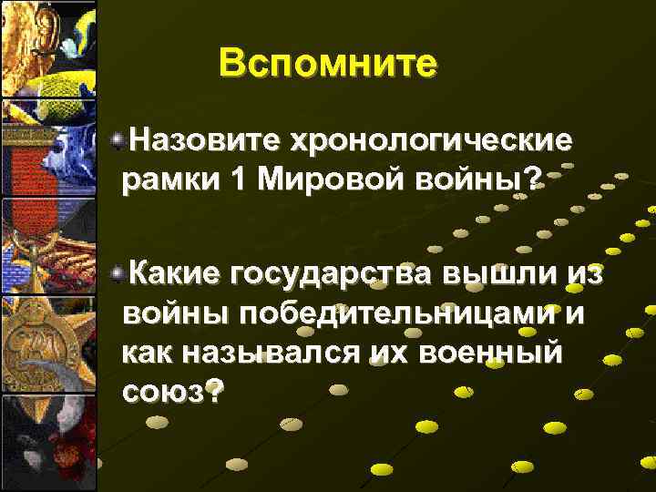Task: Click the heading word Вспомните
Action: point(328,64)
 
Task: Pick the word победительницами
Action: point(343,313)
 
